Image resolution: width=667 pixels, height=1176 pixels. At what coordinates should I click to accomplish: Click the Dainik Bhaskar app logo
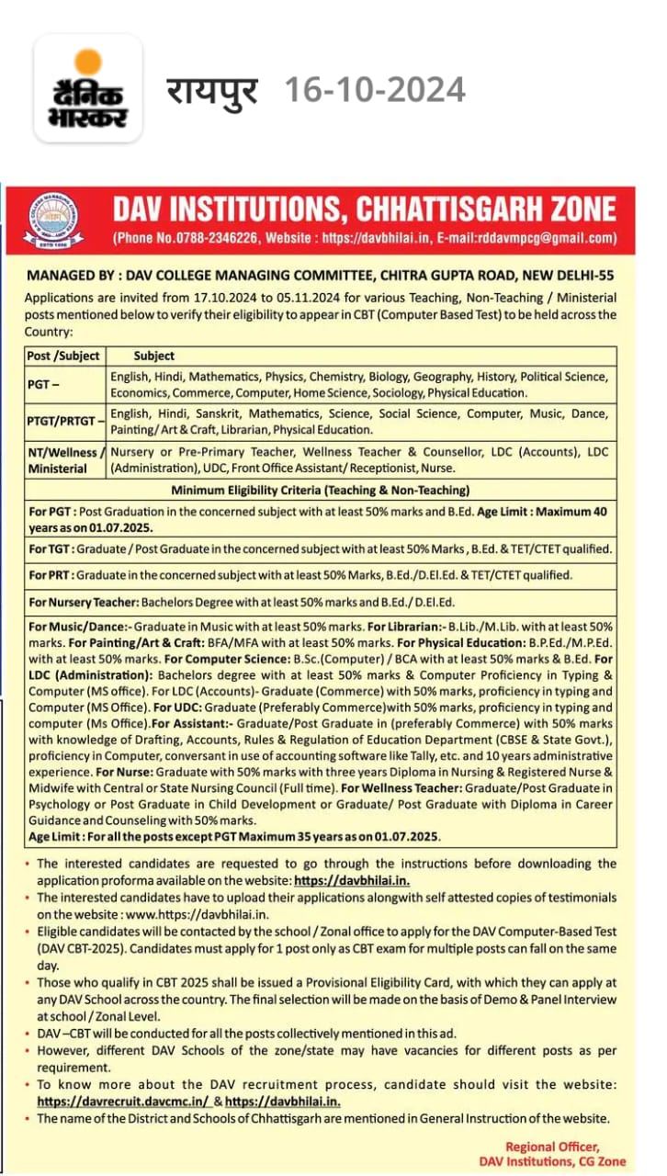pos(88,89)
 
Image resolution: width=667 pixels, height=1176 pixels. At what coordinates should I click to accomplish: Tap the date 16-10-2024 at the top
pos(374,90)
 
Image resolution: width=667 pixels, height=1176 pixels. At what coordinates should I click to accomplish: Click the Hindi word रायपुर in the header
pos(212,91)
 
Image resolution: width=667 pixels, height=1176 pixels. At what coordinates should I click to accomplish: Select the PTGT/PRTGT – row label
pos(63,422)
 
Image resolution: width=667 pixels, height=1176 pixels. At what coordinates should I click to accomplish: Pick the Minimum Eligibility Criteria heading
pos(321,490)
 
